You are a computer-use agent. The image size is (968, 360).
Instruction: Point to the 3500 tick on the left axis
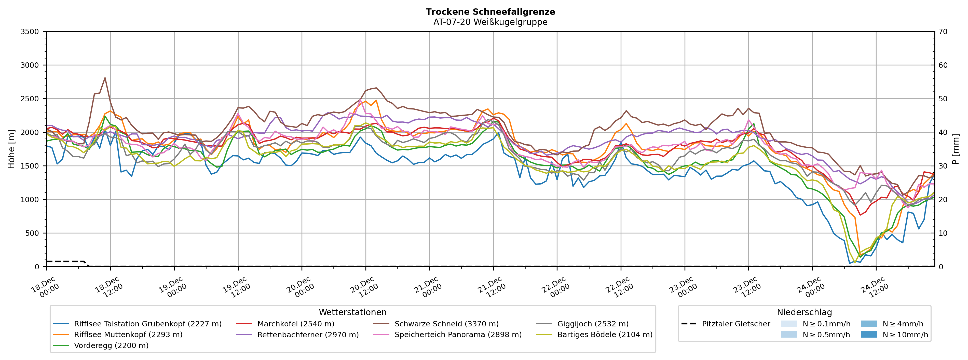coord(30,32)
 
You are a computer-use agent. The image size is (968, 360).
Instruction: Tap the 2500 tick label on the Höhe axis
coord(30,99)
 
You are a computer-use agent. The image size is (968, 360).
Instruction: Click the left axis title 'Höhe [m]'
coord(11,149)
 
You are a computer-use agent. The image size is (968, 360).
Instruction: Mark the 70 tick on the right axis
coord(943,32)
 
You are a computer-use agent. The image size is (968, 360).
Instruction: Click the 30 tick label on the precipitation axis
coord(943,166)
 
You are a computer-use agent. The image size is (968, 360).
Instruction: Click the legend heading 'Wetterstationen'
coord(352,312)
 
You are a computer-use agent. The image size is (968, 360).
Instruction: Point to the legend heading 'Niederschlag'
coord(804,312)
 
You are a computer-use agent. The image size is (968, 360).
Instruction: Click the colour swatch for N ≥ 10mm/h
coord(868,335)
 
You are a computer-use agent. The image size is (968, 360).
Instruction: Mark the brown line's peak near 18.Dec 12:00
coord(105,78)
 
